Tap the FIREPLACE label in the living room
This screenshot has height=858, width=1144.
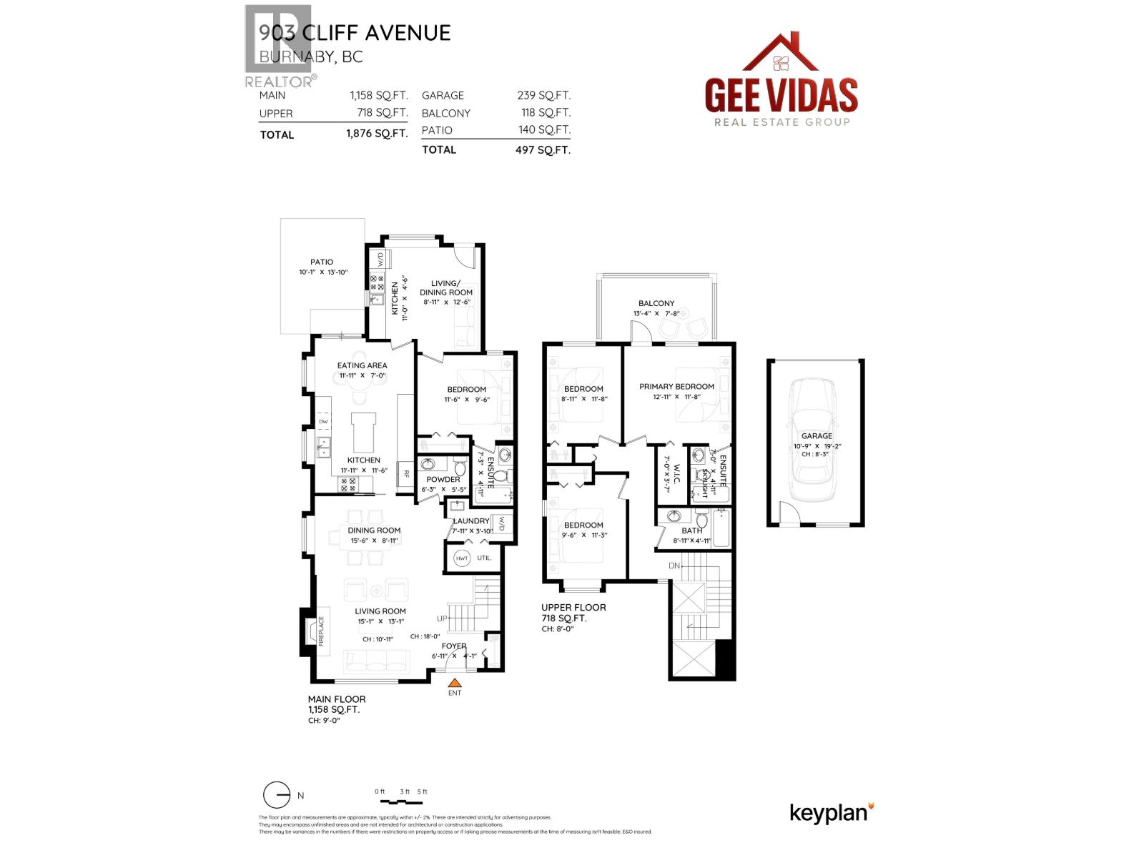point(321,631)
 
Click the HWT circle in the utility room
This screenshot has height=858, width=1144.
point(462,558)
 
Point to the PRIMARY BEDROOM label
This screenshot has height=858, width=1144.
point(676,387)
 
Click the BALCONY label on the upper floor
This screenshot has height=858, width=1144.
point(656,304)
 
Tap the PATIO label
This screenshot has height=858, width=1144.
point(322,262)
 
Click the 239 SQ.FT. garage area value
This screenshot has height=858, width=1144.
point(543,95)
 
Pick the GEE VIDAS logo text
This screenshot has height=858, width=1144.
point(781,94)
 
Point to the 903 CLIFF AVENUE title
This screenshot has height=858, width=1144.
point(355,33)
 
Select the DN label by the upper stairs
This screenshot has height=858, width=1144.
point(674,566)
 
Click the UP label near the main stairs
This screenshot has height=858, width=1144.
point(443,618)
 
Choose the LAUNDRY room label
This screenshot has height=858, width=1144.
point(471,521)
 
